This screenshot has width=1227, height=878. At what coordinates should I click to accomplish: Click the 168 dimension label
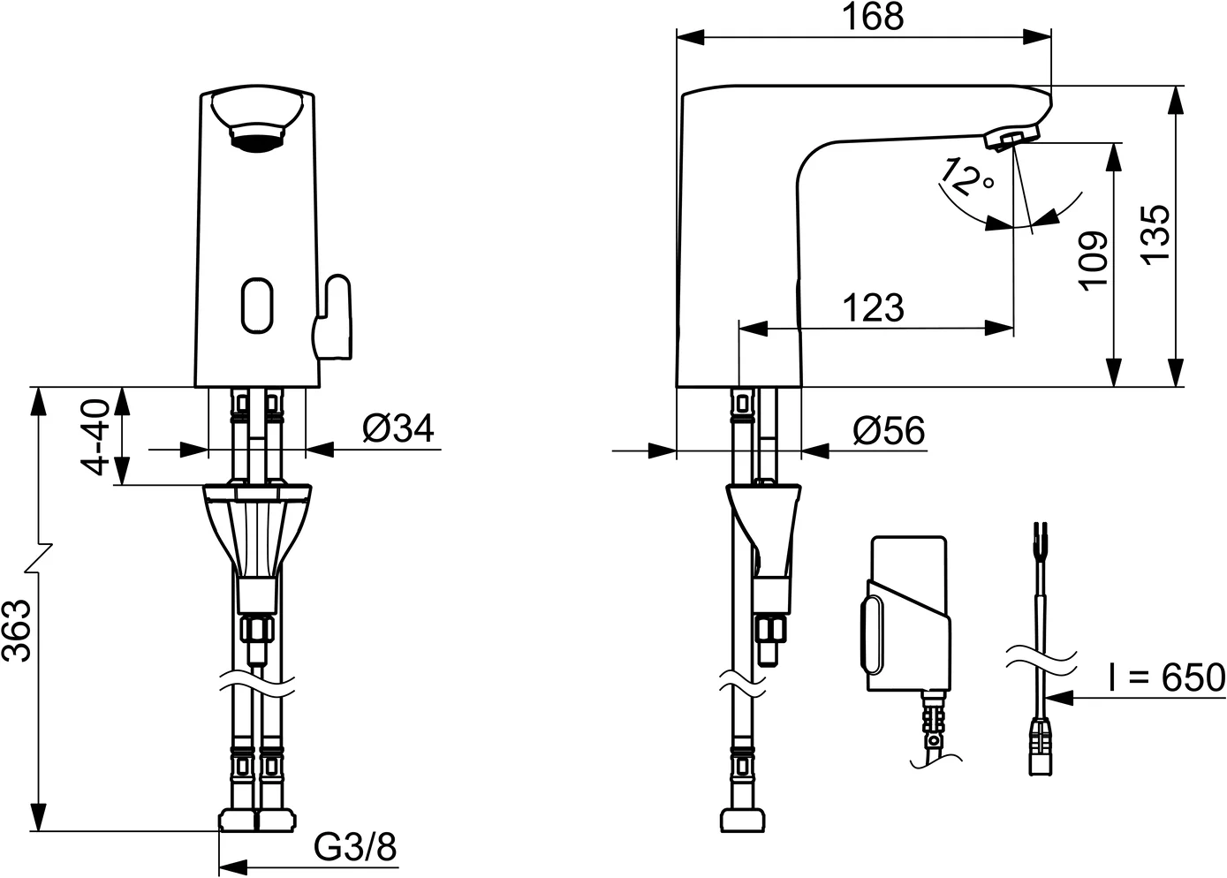[x=873, y=18]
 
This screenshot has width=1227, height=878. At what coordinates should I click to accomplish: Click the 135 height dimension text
[x=1155, y=232]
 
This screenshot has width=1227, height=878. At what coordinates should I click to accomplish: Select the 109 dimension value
[x=1093, y=260]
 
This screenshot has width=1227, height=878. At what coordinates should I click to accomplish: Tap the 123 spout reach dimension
[x=873, y=308]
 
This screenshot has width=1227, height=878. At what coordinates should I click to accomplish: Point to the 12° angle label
[x=967, y=177]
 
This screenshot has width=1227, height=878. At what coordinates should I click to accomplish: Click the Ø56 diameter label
[x=889, y=431]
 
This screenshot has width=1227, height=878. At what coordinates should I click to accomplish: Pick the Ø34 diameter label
[x=398, y=429]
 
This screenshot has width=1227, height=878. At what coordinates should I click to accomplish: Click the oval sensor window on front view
[x=255, y=306]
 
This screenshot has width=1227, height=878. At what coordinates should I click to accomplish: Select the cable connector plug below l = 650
[x=1043, y=746]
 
